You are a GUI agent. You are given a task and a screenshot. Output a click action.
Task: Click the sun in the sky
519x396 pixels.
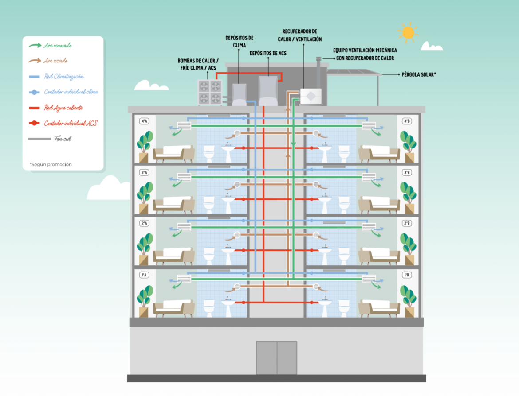click(x=407, y=32)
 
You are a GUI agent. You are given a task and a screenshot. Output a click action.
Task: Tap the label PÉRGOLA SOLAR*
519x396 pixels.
click(x=419, y=75)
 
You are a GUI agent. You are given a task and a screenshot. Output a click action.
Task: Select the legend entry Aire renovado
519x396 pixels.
click(x=57, y=45)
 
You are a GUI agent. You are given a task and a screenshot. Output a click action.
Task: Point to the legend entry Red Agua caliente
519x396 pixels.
click(x=63, y=107)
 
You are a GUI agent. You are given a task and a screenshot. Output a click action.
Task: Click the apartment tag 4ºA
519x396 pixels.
click(x=144, y=121)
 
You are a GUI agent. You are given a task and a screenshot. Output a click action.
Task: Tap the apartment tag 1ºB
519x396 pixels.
click(x=406, y=275)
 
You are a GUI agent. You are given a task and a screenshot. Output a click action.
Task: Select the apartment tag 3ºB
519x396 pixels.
click(x=406, y=172)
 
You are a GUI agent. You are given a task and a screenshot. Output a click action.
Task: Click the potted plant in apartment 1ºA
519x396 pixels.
click(x=144, y=300)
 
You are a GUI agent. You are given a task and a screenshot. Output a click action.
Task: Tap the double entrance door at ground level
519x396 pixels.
click(x=276, y=357)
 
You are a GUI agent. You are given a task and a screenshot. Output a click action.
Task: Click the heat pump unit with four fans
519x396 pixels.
click(x=209, y=92)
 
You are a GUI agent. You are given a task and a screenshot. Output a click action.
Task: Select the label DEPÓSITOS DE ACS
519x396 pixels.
click(x=268, y=53)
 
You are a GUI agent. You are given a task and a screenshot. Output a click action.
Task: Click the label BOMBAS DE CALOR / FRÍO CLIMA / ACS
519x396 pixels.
click(x=198, y=64)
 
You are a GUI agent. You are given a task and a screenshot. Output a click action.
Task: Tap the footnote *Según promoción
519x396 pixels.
click(x=51, y=164)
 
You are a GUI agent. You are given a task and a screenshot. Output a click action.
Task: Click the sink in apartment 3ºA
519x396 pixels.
click(x=228, y=202)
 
